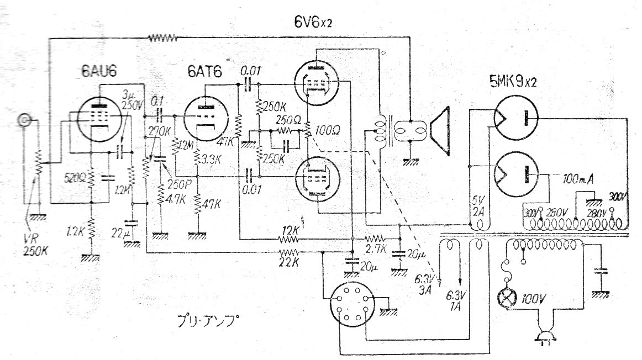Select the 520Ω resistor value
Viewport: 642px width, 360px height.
pos(73,179)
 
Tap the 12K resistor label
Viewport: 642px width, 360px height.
pos(290,229)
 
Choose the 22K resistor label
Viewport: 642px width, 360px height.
pos(290,259)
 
